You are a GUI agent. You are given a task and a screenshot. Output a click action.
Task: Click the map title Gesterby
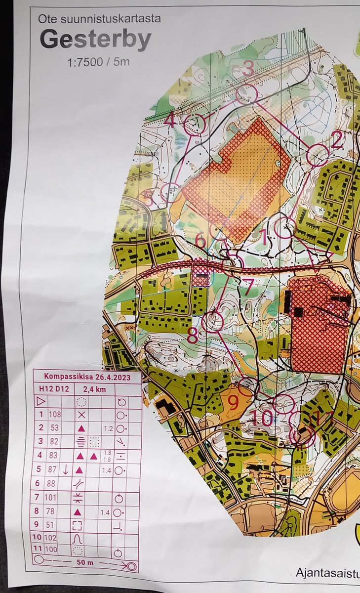click(x=95, y=40)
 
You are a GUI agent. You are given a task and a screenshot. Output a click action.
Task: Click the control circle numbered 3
click(x=246, y=93)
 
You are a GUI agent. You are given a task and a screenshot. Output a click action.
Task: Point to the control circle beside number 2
click(x=318, y=155)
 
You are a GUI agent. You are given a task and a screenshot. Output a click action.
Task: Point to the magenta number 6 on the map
click(x=200, y=240)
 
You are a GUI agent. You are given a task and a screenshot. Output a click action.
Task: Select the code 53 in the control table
click(x=54, y=427)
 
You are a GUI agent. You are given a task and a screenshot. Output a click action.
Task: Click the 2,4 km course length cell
click(x=94, y=389)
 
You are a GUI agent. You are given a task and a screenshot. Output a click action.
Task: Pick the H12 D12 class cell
click(x=54, y=389)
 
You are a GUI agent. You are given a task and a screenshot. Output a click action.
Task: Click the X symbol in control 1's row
click(x=81, y=414)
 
